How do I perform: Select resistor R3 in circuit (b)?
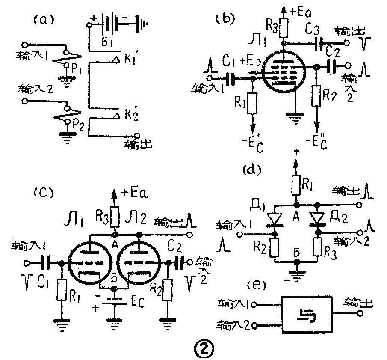(283, 29)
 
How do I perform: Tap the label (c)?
(42, 192)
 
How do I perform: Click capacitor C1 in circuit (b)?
(230, 78)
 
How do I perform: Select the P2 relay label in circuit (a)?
(77, 125)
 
